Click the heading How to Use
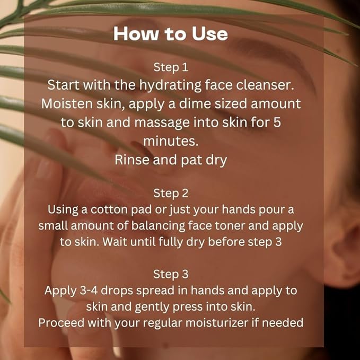click(x=171, y=34)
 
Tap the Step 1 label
click(x=171, y=67)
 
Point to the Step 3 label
click(x=171, y=274)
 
